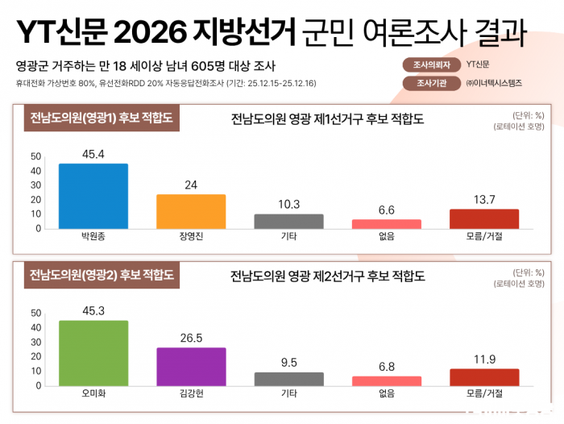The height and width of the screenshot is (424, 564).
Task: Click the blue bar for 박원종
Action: coord(93,196)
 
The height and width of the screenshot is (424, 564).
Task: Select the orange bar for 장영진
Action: coord(191,211)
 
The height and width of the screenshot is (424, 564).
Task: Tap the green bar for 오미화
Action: coord(93,353)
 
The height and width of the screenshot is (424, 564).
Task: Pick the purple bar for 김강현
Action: coord(191,367)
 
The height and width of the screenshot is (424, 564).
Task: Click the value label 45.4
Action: coord(93,153)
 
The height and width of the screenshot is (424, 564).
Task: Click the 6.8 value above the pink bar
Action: coord(386,367)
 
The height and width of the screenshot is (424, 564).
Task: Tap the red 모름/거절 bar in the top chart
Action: coord(484,218)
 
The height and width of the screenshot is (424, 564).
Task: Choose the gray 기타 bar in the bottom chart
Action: coord(288,379)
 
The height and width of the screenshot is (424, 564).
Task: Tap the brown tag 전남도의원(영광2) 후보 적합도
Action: coord(101,275)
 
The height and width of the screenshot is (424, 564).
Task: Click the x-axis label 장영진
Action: coord(191,239)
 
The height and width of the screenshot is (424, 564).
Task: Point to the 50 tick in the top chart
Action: coord(35,156)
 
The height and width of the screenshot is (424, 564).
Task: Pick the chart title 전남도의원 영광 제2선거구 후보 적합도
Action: coord(327,276)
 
